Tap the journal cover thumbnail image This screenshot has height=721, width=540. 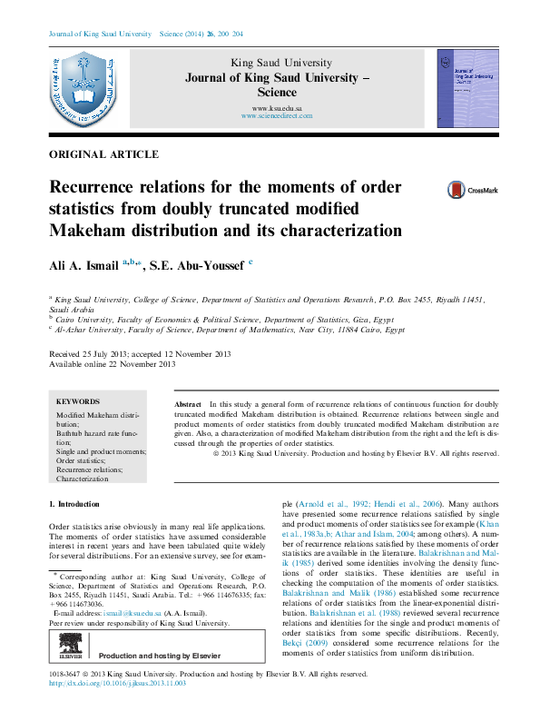point(467,87)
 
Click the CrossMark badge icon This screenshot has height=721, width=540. point(467,191)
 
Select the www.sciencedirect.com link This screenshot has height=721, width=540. point(277,116)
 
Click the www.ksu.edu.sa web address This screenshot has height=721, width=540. point(277,108)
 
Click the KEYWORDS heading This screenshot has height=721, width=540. point(78,400)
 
